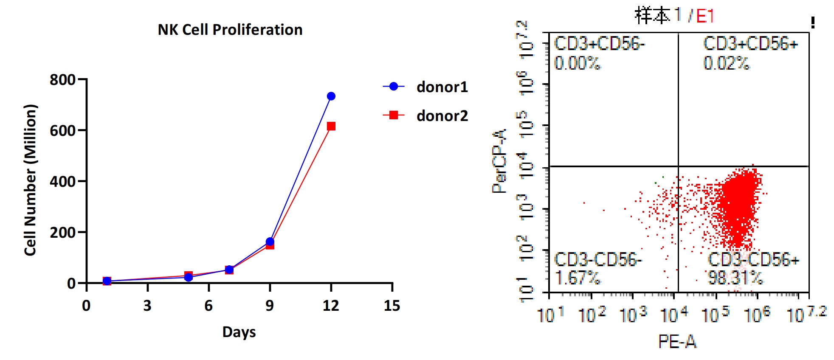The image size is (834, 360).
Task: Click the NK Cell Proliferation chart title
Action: click(230, 30)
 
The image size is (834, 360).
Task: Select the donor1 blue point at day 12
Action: click(331, 96)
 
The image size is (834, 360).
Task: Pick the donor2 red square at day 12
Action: click(331, 126)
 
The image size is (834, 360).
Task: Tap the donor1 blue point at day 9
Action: click(270, 242)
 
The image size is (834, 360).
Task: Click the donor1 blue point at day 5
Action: click(189, 277)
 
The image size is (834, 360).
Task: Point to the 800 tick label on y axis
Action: click(62, 80)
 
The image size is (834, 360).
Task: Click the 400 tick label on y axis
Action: click(62, 182)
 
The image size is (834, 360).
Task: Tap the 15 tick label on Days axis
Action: click(392, 306)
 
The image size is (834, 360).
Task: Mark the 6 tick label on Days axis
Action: click(208, 306)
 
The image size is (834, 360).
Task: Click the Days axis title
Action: click(239, 332)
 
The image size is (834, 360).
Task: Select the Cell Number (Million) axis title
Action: click(31, 180)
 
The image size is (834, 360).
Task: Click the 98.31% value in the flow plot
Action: click(735, 278)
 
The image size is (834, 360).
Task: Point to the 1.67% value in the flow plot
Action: click(578, 278)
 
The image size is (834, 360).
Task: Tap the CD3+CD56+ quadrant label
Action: click(750, 44)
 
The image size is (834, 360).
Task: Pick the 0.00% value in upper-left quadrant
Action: click(577, 63)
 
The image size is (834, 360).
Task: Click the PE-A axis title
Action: click(677, 341)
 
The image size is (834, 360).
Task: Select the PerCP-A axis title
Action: click(499, 161)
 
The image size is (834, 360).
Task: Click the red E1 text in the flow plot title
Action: click(705, 17)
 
